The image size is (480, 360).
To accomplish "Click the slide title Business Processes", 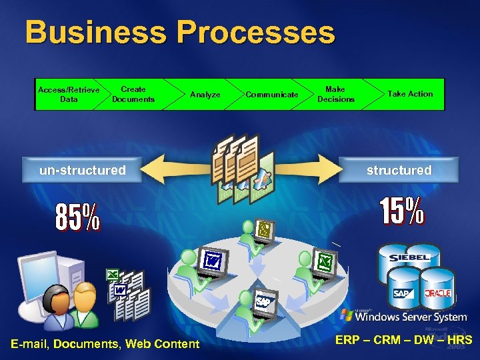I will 180,33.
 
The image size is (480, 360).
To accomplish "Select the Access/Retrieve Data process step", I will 69,94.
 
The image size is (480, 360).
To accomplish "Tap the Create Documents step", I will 133,94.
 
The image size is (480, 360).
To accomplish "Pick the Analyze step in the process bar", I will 205,95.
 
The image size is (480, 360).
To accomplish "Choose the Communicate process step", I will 272,95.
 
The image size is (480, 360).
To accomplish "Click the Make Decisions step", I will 335,94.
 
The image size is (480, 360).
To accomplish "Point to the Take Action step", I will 410,94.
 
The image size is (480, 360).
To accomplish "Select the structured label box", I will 399,170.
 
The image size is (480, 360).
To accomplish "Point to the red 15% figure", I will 402,211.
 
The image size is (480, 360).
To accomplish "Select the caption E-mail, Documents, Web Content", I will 105,344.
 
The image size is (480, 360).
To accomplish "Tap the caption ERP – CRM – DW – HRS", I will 403,340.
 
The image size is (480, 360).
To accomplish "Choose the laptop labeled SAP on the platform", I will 263,303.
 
